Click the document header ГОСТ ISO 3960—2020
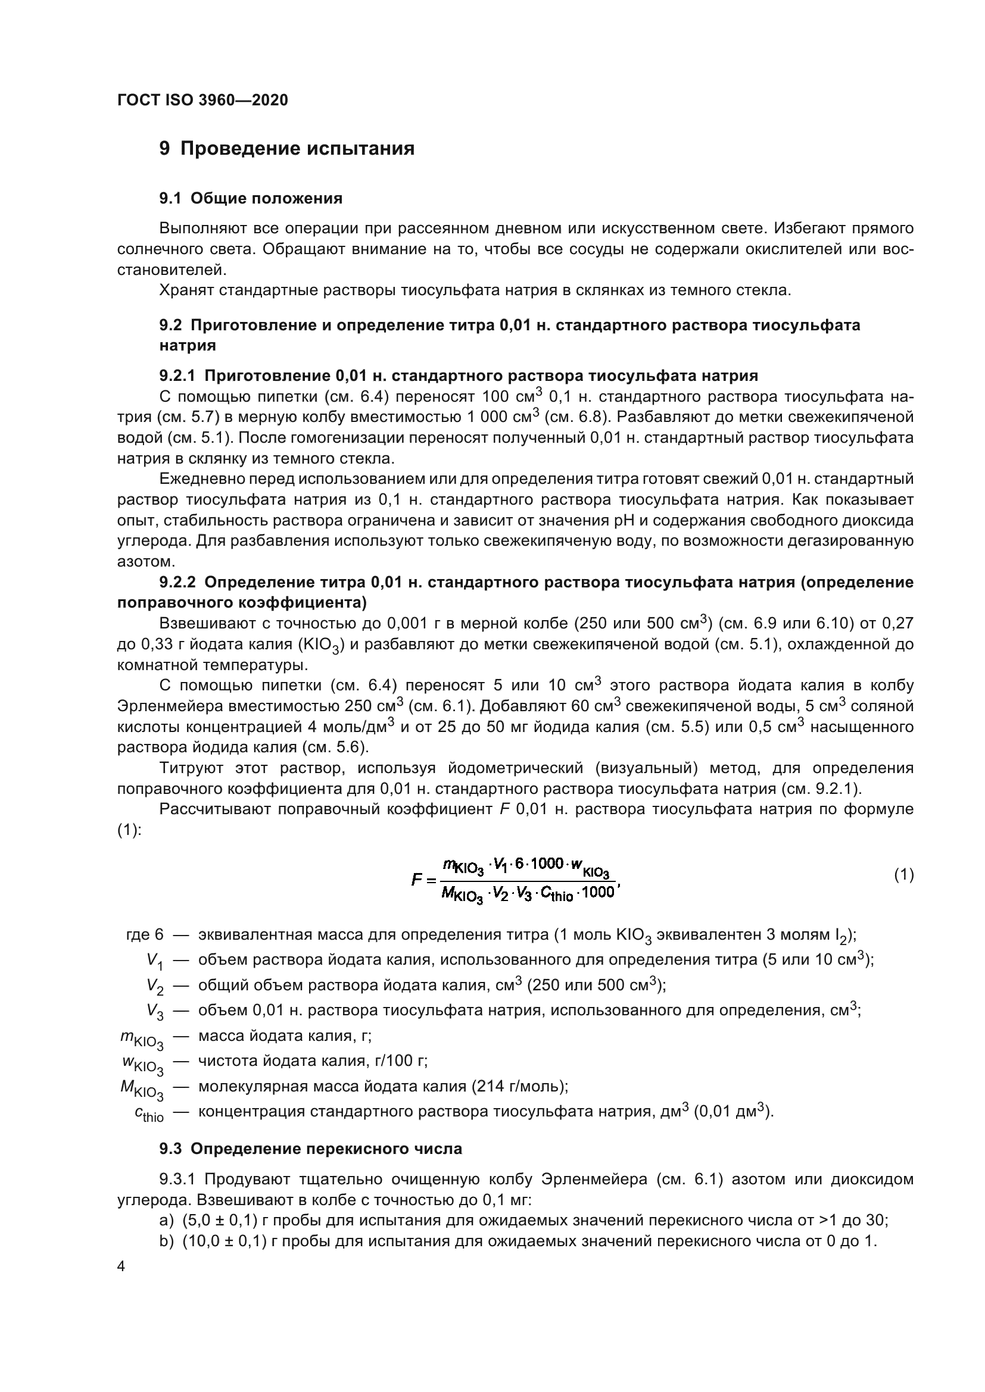coord(202,100)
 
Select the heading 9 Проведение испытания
coord(287,149)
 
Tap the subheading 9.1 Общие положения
coord(251,198)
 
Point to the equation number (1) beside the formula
coord(904,874)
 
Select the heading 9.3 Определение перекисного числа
coord(310,1148)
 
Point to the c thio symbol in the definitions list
coord(149,1113)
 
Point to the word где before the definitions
coord(137,935)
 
